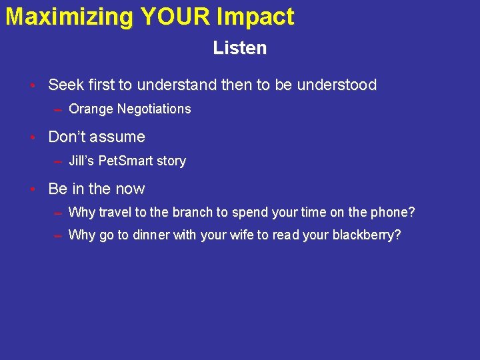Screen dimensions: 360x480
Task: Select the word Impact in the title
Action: click(x=255, y=17)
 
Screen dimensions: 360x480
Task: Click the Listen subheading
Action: click(x=240, y=48)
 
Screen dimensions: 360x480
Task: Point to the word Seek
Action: click(x=66, y=85)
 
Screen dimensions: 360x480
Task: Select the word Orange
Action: click(x=91, y=109)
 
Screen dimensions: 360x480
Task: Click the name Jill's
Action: click(x=82, y=161)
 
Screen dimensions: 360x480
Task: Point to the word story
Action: click(x=171, y=161)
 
